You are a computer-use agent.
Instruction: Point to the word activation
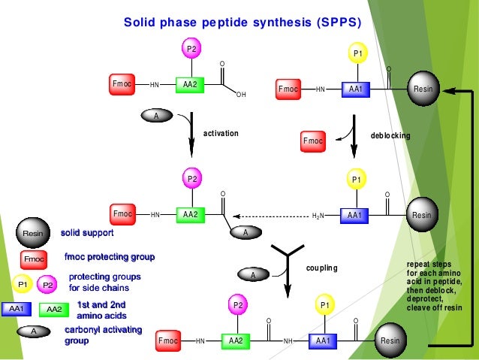pyautogui.click(x=221, y=133)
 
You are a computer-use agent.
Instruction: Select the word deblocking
pyautogui.click(x=390, y=135)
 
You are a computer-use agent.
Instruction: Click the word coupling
pyautogui.click(x=322, y=268)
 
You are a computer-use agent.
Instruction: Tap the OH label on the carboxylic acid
pyautogui.click(x=240, y=95)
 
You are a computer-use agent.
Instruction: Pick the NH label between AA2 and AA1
pyautogui.click(x=288, y=341)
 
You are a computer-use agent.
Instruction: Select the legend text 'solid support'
pyautogui.click(x=87, y=233)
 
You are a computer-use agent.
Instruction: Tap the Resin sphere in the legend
pyautogui.click(x=32, y=234)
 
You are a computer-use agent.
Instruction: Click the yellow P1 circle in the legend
pyautogui.click(x=22, y=285)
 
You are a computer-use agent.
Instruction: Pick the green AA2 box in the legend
pyautogui.click(x=54, y=309)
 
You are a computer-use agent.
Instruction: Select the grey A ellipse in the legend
pyautogui.click(x=34, y=331)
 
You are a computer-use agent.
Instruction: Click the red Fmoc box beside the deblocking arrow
pyautogui.click(x=312, y=141)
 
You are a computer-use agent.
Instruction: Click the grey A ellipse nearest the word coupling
pyautogui.click(x=253, y=276)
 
